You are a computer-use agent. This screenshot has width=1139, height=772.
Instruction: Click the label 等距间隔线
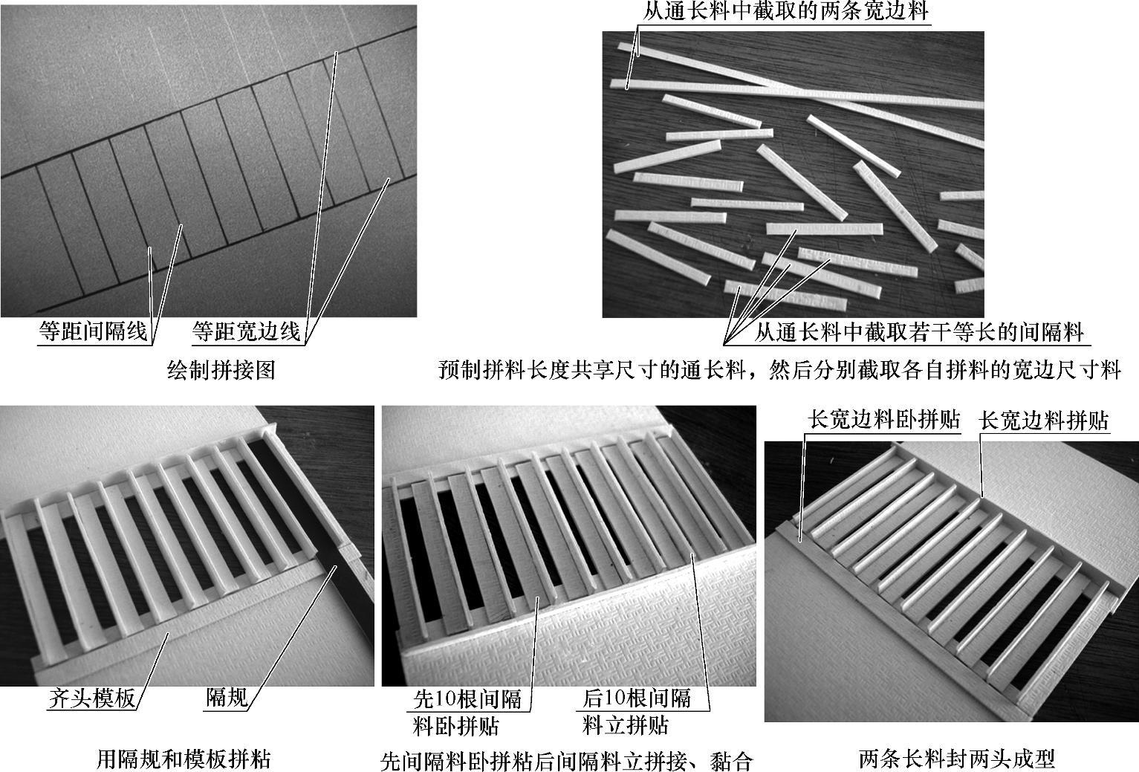pos(93,331)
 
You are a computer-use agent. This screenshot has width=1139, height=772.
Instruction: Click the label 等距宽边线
pos(246,331)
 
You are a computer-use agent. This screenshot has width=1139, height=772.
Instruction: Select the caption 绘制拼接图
pos(221,370)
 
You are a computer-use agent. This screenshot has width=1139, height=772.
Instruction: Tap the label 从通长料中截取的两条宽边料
pos(785,11)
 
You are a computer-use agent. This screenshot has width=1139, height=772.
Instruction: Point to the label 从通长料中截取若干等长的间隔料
pos(919,332)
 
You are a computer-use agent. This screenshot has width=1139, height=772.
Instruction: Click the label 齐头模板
pos(92,698)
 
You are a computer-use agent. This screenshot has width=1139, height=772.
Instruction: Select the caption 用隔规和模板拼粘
pos(184,759)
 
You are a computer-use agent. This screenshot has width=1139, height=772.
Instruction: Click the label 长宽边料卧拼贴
pos(883,420)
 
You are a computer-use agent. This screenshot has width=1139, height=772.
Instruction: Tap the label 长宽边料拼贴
pos(1043,421)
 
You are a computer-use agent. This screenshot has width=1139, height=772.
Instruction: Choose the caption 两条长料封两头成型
pos(956,759)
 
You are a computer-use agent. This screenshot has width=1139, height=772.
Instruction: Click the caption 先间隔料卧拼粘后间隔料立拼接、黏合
pos(566,761)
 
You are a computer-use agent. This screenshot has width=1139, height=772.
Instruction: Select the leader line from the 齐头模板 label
pos(152,671)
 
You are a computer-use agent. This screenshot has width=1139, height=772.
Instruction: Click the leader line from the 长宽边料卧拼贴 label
pos(802,487)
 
